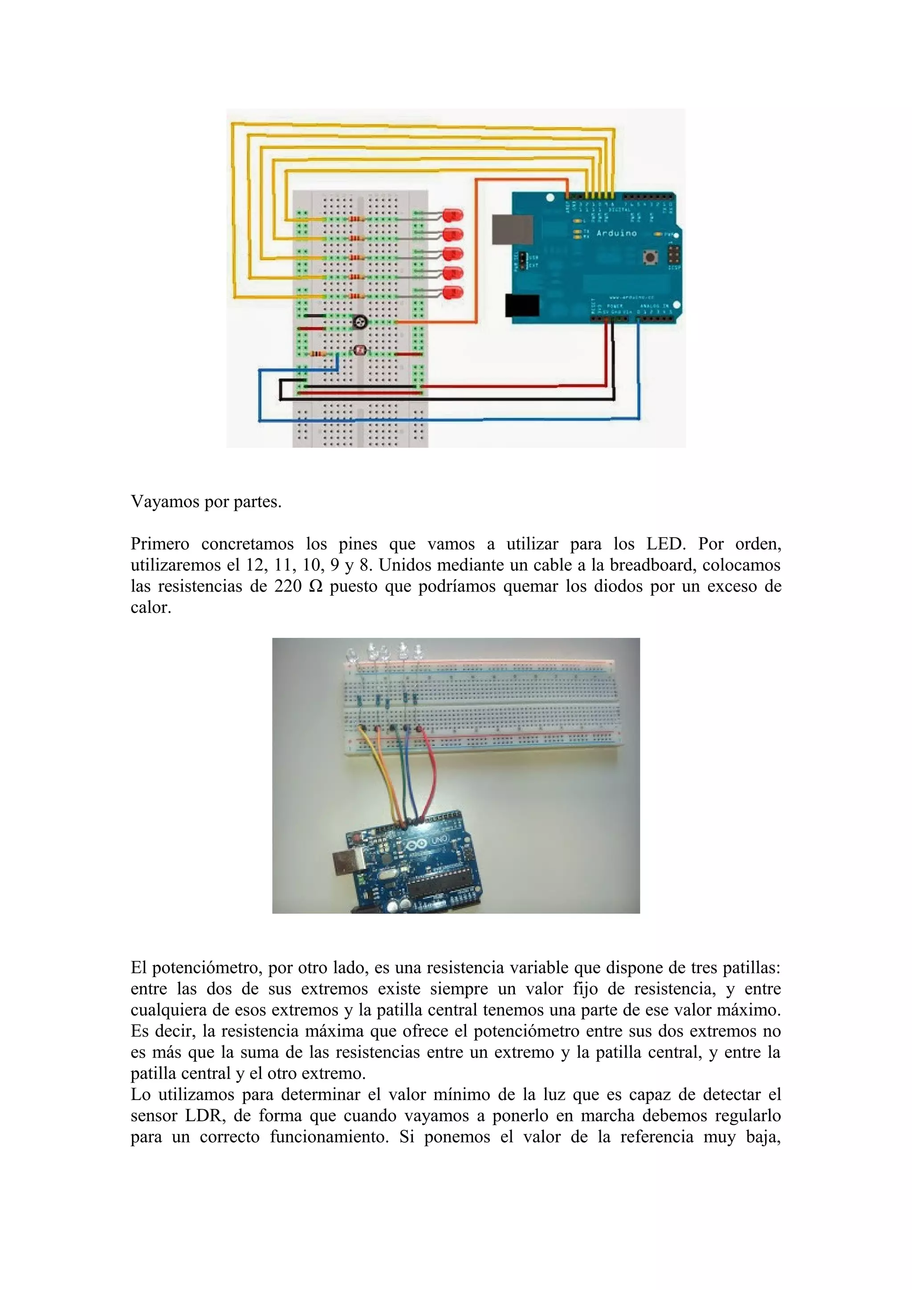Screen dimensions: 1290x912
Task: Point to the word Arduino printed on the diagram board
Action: (x=616, y=233)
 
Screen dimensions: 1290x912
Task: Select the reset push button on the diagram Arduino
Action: (x=651, y=258)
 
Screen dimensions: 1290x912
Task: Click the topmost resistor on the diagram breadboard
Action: (x=356, y=219)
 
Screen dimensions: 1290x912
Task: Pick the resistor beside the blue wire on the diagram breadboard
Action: (x=318, y=354)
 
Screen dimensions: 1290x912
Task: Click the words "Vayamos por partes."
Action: (x=206, y=502)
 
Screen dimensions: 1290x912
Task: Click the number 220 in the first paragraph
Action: (x=288, y=586)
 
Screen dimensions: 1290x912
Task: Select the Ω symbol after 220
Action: (x=316, y=586)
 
